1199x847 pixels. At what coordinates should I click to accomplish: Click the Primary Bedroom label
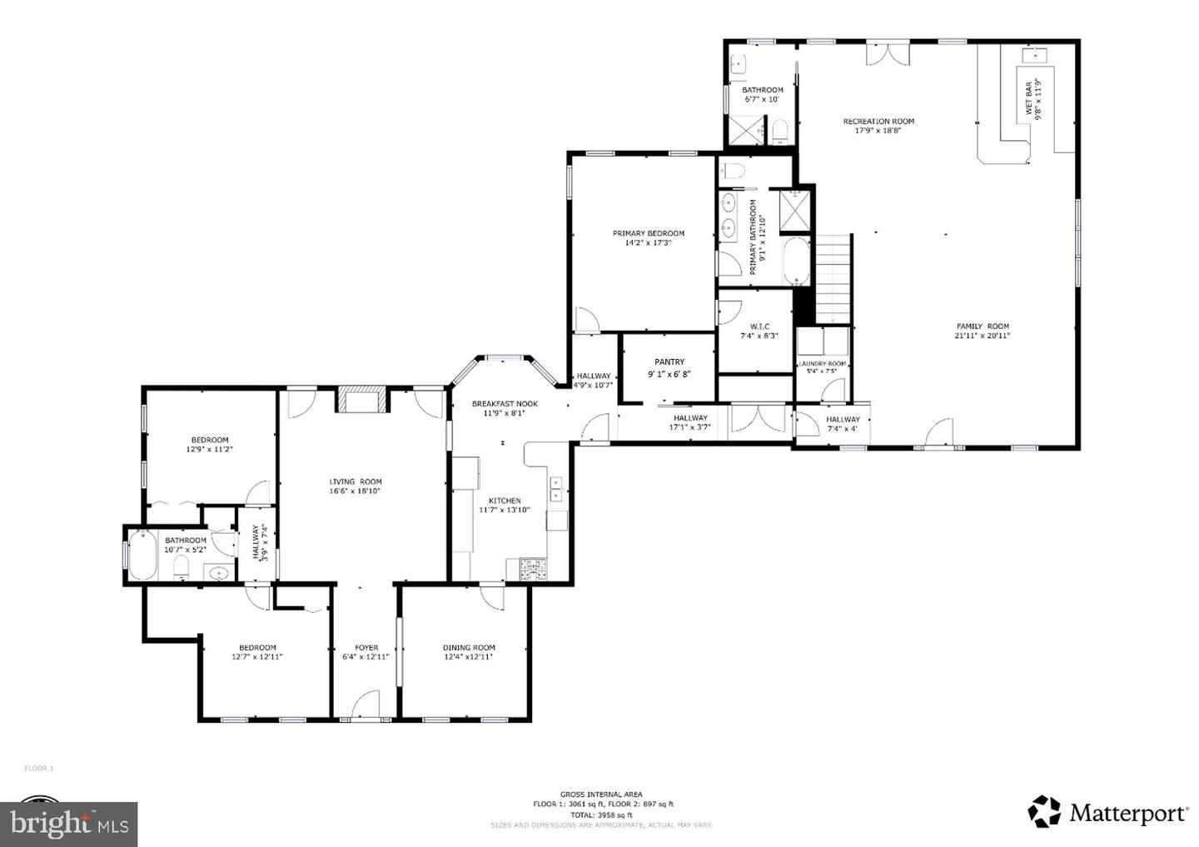pos(649,233)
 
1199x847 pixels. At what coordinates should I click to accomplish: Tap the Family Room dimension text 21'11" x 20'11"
pos(983,336)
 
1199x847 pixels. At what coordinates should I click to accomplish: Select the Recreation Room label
pos(878,121)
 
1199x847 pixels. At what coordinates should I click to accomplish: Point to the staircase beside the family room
pos(833,278)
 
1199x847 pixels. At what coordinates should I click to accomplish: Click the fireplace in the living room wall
pos(361,399)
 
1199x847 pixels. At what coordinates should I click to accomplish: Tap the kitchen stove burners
pos(533,569)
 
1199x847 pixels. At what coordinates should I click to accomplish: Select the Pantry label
pos(669,362)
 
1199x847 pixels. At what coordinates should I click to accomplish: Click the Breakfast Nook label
pos(505,404)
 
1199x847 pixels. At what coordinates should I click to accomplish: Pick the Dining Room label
pos(469,647)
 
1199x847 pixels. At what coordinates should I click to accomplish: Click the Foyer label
pos(366,647)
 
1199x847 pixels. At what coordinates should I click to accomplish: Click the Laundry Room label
pos(823,364)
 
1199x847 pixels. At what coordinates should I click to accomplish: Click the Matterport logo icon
pos(1044,811)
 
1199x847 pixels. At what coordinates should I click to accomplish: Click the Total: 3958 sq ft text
pos(603,815)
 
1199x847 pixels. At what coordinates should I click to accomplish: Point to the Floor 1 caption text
pos(38,768)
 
